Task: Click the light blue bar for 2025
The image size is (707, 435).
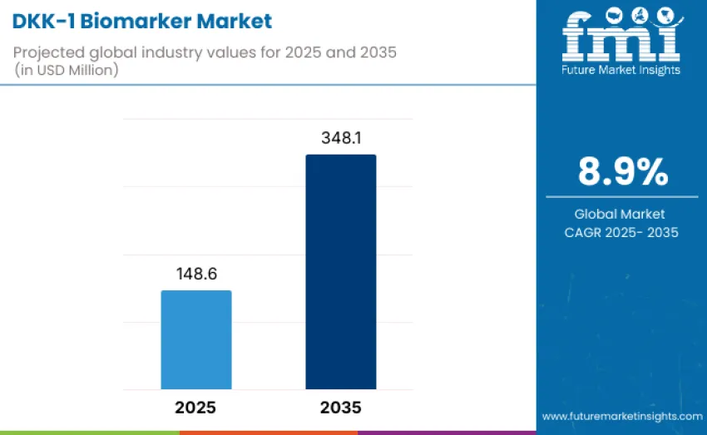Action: coord(196,339)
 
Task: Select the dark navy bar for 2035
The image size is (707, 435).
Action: coord(340,271)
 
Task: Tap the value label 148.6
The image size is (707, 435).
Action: coord(196,274)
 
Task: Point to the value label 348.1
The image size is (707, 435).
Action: coord(341,139)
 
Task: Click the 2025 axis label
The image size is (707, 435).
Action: coord(196,408)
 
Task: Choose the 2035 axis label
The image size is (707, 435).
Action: coord(340,408)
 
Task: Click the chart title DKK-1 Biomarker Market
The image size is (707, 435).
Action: coord(141,20)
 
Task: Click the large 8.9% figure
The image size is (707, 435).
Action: coord(622,171)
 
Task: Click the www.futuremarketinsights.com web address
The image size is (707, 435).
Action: coord(622,416)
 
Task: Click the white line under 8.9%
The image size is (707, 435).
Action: coord(622,197)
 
